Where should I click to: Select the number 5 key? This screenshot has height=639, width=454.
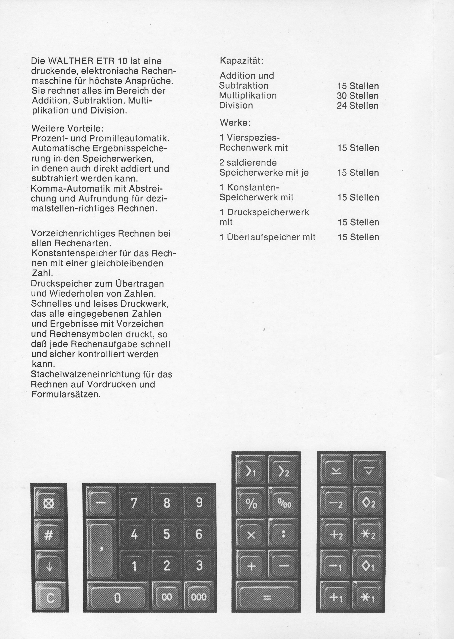point(167,535)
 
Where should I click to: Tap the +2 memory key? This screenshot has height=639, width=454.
point(335,535)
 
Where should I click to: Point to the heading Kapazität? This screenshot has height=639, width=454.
point(241,60)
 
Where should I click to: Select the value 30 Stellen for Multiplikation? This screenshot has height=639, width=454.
point(358,96)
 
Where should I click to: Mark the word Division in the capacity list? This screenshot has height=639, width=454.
point(236,105)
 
